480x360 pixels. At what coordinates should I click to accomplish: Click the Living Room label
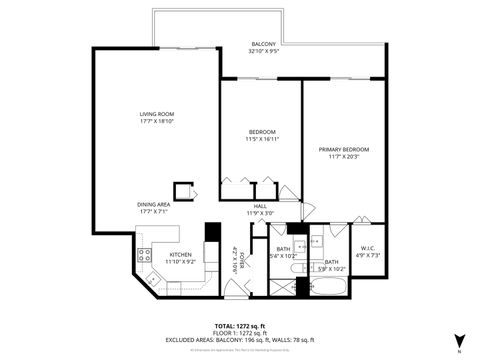click(157, 115)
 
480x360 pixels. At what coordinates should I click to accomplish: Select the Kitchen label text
click(180, 255)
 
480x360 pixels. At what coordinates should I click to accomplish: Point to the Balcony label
click(262, 44)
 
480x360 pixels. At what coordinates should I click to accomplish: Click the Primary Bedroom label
click(341, 150)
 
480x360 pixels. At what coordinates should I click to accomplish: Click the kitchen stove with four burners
click(145, 251)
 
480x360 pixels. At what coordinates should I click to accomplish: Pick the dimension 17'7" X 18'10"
click(157, 122)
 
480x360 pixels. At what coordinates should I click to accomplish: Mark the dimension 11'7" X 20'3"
click(341, 157)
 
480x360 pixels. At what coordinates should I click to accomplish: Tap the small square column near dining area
click(183, 190)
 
